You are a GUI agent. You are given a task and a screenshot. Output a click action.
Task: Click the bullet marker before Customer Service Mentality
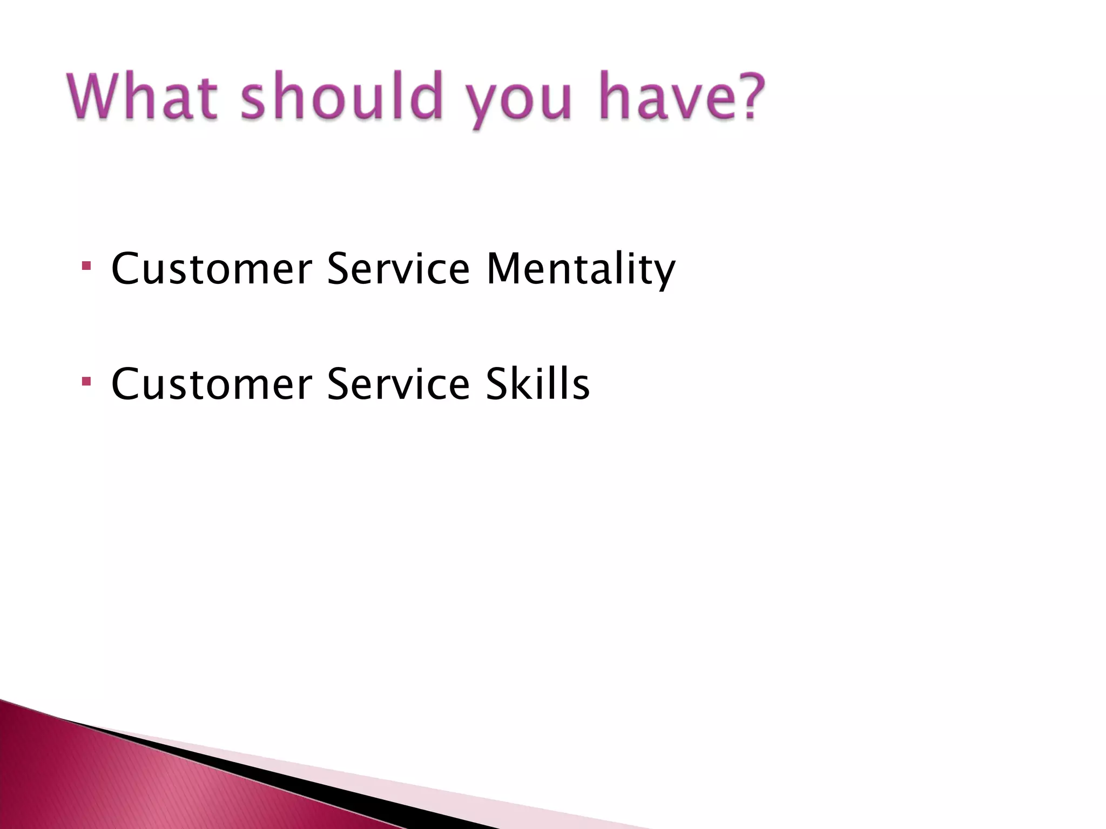click(86, 266)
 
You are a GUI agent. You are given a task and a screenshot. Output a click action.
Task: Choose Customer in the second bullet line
click(211, 384)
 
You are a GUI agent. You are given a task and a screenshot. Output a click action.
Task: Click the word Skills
click(537, 384)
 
